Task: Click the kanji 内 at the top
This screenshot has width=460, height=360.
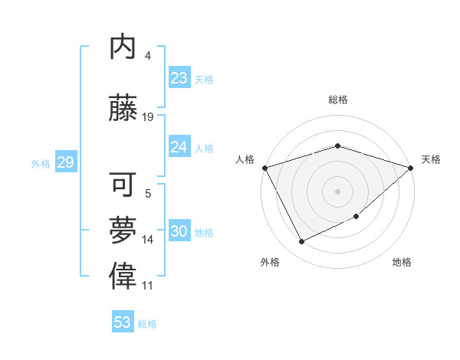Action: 123,47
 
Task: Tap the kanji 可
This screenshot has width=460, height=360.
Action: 123,184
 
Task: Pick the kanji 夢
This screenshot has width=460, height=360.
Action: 123,230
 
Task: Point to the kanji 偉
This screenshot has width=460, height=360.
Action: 123,277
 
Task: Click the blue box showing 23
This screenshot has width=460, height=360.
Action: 179,78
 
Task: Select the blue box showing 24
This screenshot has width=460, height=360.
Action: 179,147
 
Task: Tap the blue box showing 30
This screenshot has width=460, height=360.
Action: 179,231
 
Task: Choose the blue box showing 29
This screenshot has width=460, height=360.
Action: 65,162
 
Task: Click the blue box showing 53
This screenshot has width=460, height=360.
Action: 123,322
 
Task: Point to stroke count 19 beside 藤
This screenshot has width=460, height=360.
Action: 148,117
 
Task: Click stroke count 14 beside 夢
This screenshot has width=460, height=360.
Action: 148,240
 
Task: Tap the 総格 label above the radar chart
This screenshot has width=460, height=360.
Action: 338,100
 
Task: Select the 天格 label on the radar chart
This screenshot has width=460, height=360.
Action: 431,159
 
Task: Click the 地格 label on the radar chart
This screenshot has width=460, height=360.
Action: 402,262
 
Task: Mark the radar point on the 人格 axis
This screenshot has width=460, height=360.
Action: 264,168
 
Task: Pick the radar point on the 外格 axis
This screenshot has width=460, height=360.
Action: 302,242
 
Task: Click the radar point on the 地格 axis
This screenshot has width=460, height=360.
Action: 356,217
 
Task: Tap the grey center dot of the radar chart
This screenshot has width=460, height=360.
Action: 337,191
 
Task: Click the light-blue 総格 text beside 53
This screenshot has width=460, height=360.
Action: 147,324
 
